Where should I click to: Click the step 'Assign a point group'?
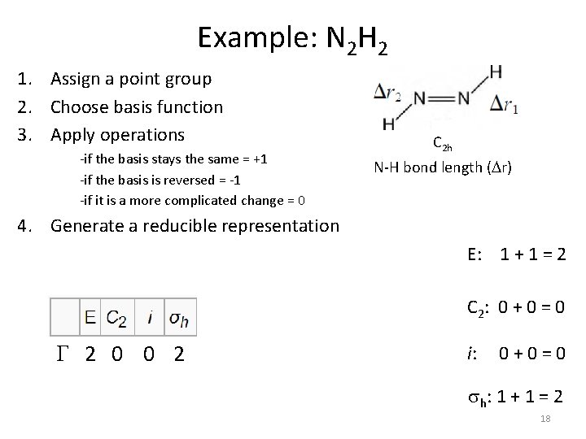tap(131, 79)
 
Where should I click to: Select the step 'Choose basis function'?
tap(136, 106)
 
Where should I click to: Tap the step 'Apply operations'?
tap(117, 133)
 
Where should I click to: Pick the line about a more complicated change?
tap(192, 199)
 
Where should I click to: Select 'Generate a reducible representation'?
tap(195, 226)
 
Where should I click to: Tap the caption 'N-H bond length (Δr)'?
tap(443, 168)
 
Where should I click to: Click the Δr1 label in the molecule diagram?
tap(505, 105)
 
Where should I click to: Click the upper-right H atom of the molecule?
tap(496, 72)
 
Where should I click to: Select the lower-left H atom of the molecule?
tap(388, 124)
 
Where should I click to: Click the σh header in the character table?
tap(178, 317)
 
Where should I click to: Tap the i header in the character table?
tap(150, 316)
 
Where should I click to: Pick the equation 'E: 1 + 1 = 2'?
tap(517, 256)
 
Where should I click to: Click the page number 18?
tap(545, 419)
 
